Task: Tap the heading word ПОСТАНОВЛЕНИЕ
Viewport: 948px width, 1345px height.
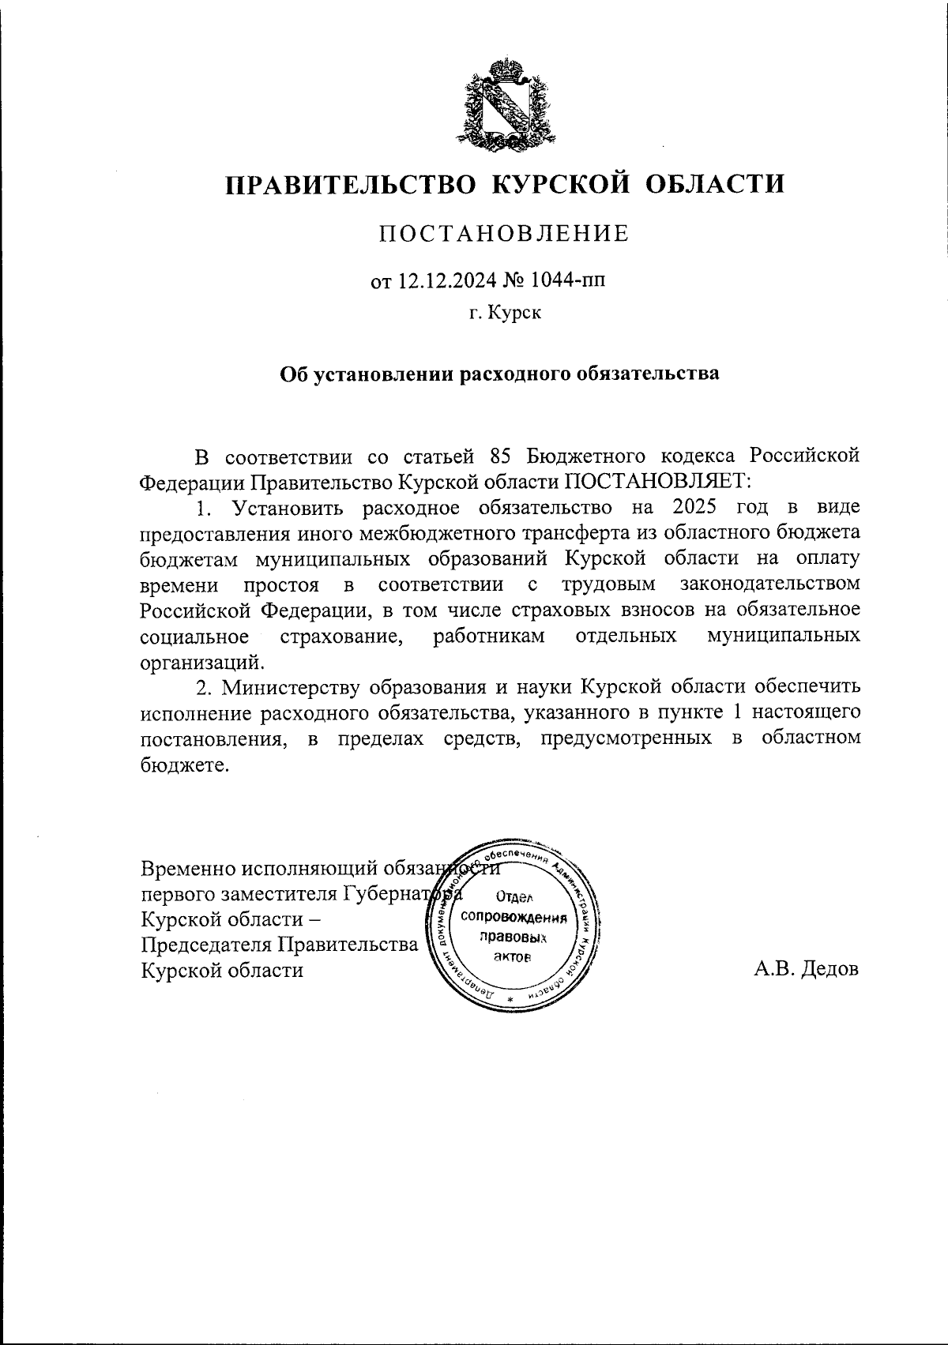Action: tap(504, 234)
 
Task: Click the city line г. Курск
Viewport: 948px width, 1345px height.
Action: tap(505, 314)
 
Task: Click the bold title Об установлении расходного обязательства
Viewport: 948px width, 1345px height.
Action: tap(501, 373)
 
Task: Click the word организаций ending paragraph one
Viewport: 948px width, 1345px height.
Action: tap(201, 662)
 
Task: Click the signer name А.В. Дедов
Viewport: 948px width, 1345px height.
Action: tap(806, 969)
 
